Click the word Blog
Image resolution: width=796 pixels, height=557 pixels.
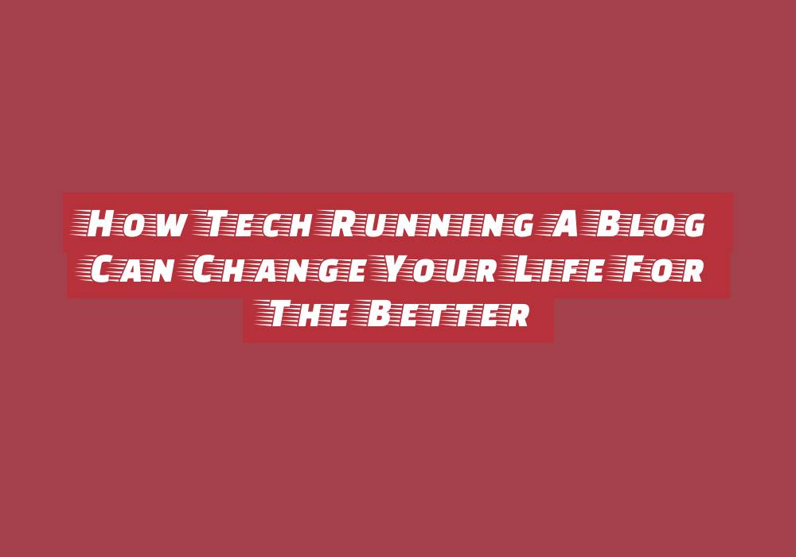pos(645,224)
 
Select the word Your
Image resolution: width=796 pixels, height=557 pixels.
pos(435,269)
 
